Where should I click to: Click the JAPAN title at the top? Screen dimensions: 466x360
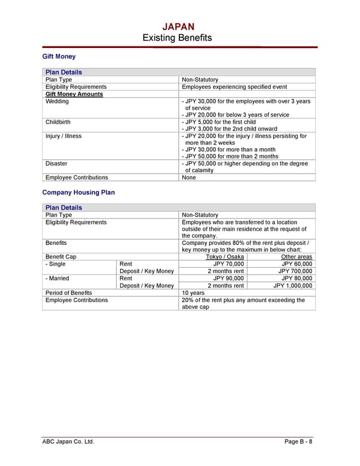[x=178, y=26]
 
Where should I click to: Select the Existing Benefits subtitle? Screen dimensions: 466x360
[x=177, y=38]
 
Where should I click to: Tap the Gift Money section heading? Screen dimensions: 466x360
[x=59, y=57]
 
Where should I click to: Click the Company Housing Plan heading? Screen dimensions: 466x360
[x=78, y=193]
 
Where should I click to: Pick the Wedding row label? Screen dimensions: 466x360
[x=57, y=101]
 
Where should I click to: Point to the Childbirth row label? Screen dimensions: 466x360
[x=58, y=122]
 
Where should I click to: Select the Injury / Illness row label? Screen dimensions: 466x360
[x=64, y=136]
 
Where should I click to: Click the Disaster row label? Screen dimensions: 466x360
[x=56, y=163]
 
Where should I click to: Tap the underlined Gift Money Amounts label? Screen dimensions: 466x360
[x=74, y=94]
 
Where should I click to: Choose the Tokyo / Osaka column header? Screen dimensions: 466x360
[x=224, y=257]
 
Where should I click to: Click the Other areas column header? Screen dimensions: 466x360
[x=296, y=257]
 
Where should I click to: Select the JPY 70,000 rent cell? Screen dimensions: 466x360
[x=229, y=264]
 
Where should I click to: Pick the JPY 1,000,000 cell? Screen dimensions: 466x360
[x=293, y=286]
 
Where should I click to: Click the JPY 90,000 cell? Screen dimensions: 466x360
[x=229, y=279]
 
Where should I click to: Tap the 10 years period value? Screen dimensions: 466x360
[x=193, y=293]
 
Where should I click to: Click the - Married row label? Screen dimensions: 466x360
[x=57, y=279]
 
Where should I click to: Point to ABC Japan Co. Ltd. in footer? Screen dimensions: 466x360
[x=68, y=442]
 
